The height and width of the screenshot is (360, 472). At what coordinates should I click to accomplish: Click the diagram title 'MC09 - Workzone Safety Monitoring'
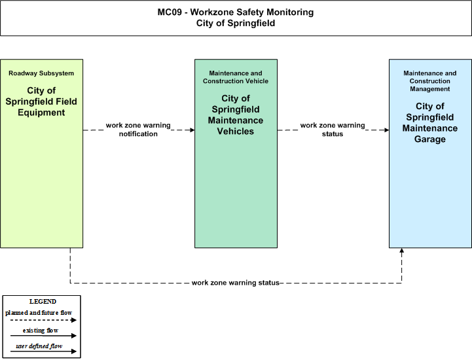[x=236, y=12]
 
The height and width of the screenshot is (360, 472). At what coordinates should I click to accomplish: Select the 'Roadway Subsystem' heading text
[x=41, y=73]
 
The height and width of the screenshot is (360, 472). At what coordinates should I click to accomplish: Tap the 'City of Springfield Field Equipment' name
[x=41, y=101]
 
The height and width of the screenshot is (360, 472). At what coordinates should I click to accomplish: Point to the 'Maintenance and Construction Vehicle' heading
[x=236, y=77]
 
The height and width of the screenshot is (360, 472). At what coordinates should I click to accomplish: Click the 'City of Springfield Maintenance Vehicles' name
[x=236, y=115]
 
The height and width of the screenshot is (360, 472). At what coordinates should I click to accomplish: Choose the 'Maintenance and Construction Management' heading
[x=430, y=81]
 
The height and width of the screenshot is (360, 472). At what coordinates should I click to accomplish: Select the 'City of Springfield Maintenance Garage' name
[x=430, y=122]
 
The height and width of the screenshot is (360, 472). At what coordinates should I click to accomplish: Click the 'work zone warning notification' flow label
[x=138, y=130]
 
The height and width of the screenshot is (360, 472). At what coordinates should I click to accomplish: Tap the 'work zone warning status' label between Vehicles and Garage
[x=333, y=130]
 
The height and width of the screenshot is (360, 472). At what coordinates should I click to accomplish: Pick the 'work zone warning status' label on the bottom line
[x=236, y=283]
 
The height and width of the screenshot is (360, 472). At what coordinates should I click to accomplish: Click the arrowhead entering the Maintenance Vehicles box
[x=192, y=130]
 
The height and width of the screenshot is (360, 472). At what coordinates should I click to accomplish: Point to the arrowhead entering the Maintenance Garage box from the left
[x=387, y=130]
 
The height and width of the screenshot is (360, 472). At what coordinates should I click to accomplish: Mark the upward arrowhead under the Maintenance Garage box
[x=401, y=251]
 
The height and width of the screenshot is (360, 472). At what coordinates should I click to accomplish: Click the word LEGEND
[x=43, y=302]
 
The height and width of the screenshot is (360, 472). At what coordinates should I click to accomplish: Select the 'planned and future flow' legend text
[x=39, y=313]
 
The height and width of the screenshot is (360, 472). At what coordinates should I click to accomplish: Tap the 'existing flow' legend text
[x=41, y=331]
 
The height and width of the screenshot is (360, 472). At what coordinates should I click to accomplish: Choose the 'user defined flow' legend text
[x=39, y=346]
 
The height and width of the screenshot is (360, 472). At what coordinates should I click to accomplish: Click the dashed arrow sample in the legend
[x=43, y=320]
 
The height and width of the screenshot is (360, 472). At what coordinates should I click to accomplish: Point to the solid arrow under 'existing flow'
[x=43, y=336]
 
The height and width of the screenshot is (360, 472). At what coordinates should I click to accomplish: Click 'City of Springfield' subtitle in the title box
[x=236, y=24]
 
